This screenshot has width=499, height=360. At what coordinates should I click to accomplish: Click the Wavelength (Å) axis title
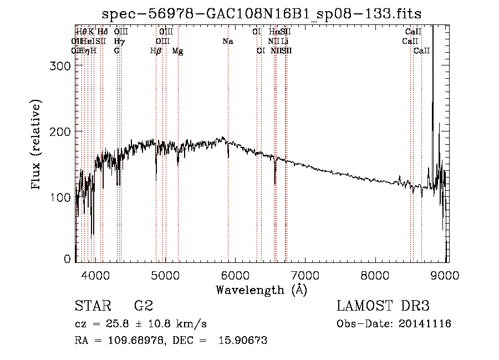pyautogui.click(x=261, y=289)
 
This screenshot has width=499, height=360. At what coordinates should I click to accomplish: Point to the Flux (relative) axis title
pyautogui.click(x=37, y=145)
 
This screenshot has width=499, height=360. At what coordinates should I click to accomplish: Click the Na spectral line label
pyautogui.click(x=228, y=41)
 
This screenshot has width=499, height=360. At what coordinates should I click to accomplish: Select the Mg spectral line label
pyautogui.click(x=177, y=50)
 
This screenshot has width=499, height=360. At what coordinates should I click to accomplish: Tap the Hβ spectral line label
pyautogui.click(x=156, y=50)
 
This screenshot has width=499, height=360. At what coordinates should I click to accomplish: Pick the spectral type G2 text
pyautogui.click(x=143, y=306)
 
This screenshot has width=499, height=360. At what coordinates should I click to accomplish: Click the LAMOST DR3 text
pyautogui.click(x=383, y=306)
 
